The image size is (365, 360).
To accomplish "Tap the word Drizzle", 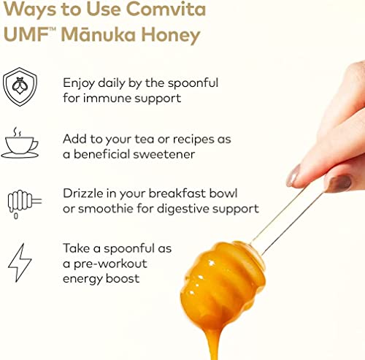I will [x=85, y=194].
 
